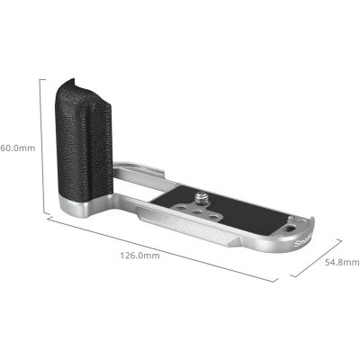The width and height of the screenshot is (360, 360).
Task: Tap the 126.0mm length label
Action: point(139,255)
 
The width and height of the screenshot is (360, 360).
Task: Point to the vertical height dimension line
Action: point(40,144)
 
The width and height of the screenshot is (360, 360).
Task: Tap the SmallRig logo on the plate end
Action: point(301,242)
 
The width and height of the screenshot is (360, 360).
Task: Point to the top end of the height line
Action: point(40,77)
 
